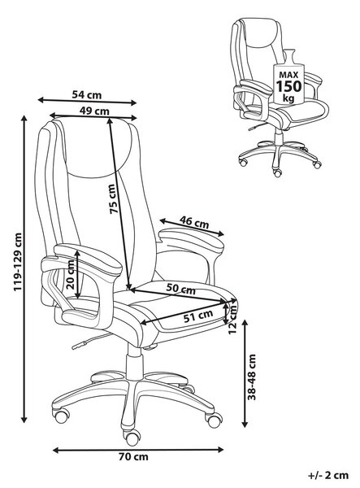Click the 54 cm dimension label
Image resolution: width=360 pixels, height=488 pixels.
pyautogui.click(x=87, y=94)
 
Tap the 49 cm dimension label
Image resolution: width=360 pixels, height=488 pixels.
pyautogui.click(x=94, y=111)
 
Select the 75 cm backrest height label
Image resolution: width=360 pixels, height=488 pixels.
pyautogui.click(x=113, y=199)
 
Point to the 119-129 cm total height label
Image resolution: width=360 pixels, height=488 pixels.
pyautogui.click(x=18, y=262)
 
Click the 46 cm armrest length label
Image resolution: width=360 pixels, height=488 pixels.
pyautogui.click(x=194, y=222)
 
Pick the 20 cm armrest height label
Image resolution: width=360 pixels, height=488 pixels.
pyautogui.click(x=71, y=275)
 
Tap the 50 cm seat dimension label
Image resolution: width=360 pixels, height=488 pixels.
pyautogui.click(x=180, y=289)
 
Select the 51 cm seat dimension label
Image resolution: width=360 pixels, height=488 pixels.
pyautogui.click(x=198, y=316)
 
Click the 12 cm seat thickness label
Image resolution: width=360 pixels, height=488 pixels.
pyautogui.click(x=232, y=320)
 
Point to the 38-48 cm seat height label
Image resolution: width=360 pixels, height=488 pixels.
pyautogui.click(x=252, y=377)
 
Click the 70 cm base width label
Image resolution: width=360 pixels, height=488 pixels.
pyautogui.click(x=133, y=457)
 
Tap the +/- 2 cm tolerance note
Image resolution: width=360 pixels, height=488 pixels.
pyautogui.click(x=328, y=476)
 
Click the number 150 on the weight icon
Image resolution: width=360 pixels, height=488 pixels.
pyautogui.click(x=288, y=86)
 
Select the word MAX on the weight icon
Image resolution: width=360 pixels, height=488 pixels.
pyautogui.click(x=288, y=75)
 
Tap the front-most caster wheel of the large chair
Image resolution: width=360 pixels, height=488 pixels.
pyautogui.click(x=132, y=438)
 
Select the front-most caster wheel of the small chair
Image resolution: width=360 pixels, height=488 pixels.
pyautogui.click(x=277, y=172)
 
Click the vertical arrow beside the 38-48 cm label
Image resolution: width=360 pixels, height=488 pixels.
pyautogui.click(x=245, y=373)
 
